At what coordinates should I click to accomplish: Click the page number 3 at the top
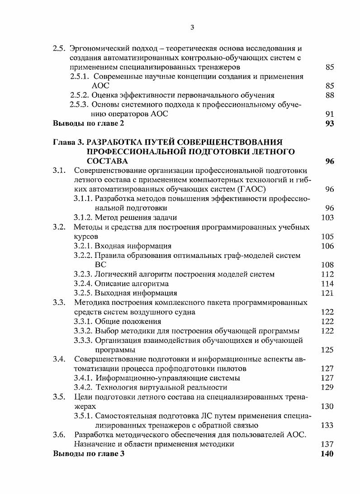(x=192, y=28)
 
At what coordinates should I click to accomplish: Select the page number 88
(x=329, y=95)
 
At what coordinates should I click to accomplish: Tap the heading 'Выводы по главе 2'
(x=88, y=123)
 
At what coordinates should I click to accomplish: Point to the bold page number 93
(x=329, y=123)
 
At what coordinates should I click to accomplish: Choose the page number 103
(x=327, y=217)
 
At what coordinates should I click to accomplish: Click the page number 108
(x=327, y=265)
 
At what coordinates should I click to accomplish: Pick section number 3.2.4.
(x=83, y=284)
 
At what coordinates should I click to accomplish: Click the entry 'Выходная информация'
(x=136, y=293)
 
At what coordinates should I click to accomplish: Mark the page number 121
(x=327, y=293)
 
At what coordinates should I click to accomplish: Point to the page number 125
(x=327, y=350)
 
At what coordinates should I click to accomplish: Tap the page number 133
(x=327, y=425)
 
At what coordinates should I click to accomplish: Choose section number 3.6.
(x=59, y=435)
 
